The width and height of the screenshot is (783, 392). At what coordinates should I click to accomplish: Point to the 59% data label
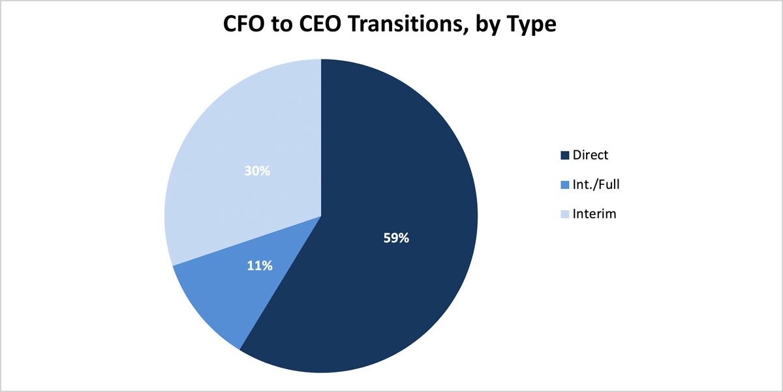click(x=396, y=238)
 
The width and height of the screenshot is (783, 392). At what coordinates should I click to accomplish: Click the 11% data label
click(x=260, y=266)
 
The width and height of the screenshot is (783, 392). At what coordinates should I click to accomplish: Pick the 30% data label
click(x=257, y=171)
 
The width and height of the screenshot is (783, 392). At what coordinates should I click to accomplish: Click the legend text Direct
click(x=591, y=155)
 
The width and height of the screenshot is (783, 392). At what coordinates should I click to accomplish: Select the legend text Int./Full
click(x=596, y=184)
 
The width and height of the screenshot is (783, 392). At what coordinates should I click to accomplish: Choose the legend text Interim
click(x=594, y=214)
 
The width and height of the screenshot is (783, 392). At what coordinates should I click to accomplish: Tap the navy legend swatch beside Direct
click(x=565, y=155)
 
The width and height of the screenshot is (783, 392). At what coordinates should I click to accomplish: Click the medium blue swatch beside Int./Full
click(x=565, y=185)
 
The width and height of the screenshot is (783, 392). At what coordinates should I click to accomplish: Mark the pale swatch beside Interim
click(x=565, y=214)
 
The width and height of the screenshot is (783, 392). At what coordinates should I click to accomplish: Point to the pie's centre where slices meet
click(x=321, y=216)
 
